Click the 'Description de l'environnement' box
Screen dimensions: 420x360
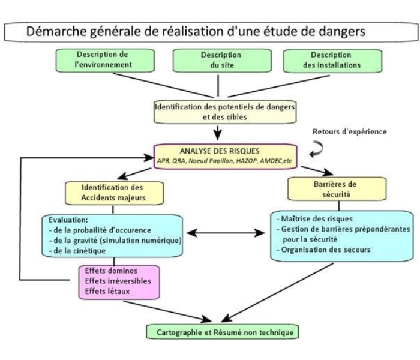[105, 61]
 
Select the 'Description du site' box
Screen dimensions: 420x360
[222, 61]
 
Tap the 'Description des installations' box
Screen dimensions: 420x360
[332, 61]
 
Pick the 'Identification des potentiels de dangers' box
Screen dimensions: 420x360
[225, 112]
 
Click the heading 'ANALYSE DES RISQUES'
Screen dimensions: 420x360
[220, 151]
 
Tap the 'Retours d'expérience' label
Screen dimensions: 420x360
[350, 131]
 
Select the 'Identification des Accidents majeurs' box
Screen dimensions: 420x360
[115, 193]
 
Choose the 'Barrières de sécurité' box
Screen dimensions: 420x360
[337, 189]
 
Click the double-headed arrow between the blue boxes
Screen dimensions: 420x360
[226, 233]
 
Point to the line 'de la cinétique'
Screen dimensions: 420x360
[77, 251]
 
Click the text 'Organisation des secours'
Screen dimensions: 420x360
[323, 250]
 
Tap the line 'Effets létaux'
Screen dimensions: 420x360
[107, 291]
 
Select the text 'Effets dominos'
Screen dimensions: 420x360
[111, 271]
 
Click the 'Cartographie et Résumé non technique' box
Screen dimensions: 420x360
[223, 332]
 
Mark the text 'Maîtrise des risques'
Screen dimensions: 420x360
[314, 219]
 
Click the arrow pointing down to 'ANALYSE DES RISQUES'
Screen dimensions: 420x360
[218, 133]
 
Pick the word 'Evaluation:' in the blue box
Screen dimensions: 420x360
[68, 220]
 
